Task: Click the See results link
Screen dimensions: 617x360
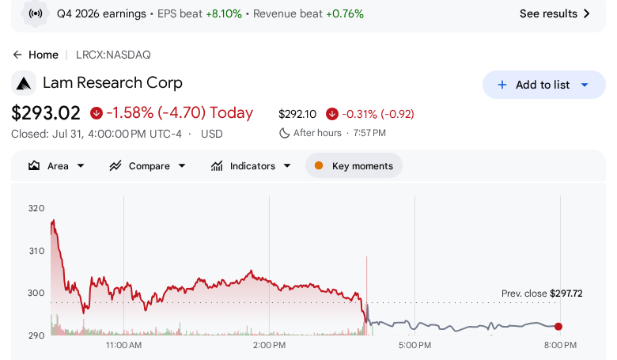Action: point(555,13)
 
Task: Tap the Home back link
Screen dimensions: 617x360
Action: point(36,55)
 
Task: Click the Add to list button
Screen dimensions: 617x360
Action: point(543,85)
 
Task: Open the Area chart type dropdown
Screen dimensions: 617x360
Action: point(56,166)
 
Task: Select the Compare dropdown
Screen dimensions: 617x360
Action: point(148,166)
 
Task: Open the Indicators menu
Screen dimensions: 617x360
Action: point(251,166)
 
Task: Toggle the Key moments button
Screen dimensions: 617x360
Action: point(354,166)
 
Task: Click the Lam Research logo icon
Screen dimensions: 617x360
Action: point(24,83)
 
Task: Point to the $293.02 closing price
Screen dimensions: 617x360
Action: point(46,113)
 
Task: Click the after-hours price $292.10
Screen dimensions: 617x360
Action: point(297,114)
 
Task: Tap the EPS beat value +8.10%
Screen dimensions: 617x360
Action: point(224,13)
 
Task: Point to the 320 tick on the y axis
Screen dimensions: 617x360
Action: point(36,208)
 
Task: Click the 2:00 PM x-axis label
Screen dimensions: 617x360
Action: point(269,346)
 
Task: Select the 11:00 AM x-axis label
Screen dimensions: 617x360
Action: point(123,346)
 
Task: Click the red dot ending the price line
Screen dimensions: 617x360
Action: point(558,326)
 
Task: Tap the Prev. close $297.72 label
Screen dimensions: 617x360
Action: point(542,294)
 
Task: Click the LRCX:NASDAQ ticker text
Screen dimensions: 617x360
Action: point(113,55)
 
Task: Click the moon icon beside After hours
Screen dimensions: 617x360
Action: point(284,133)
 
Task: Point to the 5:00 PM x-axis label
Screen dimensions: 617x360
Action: point(414,346)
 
